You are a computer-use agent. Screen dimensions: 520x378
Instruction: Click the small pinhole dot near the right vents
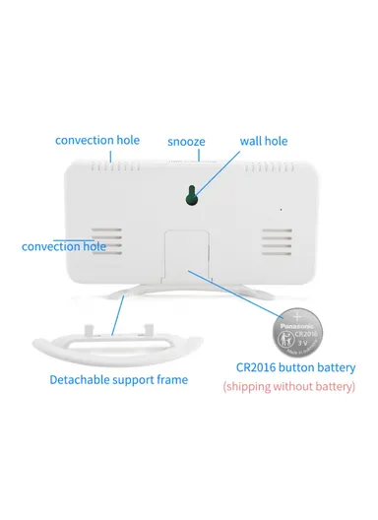tap(280, 209)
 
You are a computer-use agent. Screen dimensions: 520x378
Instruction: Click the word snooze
tap(186, 141)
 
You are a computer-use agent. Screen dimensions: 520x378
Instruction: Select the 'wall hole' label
tap(264, 141)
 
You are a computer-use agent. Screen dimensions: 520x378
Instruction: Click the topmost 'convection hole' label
tap(97, 139)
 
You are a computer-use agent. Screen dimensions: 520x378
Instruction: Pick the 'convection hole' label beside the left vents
tap(64, 245)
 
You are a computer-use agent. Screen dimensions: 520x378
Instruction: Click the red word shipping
tap(256, 387)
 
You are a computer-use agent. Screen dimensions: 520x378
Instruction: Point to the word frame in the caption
tap(170, 379)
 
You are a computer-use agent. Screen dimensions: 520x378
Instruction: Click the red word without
tap(305, 387)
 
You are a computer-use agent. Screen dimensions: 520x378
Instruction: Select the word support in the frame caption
tap(130, 379)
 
